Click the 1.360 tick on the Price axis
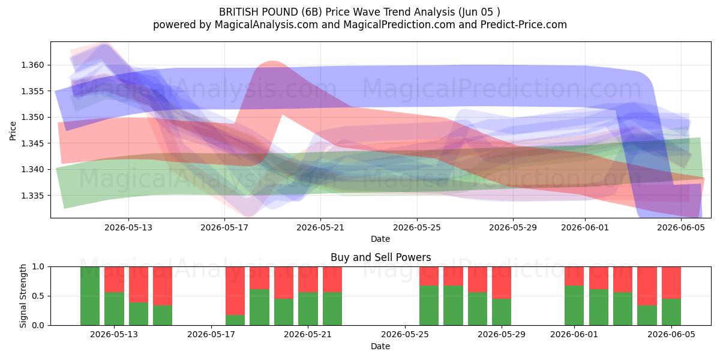pos(32,65)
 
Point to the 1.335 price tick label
pos(32,196)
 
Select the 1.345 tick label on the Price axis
pos(32,143)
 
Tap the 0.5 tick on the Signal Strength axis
pos(38,296)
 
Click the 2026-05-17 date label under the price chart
pos(224,227)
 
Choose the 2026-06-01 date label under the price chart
pos(585,227)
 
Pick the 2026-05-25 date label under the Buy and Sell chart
pos(405,334)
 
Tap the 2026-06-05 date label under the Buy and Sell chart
pos(671,334)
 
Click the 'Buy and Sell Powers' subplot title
pos(380,257)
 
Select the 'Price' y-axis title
pos(13,131)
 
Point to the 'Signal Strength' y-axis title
pos(23,296)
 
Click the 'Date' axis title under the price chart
pos(380,239)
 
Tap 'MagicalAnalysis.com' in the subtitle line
pos(266,25)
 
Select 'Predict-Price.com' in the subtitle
pos(524,25)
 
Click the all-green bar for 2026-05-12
pos(90,296)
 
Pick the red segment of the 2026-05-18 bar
pos(235,291)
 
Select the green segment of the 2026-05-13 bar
pos(114,308)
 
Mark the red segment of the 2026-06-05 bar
pos(671,283)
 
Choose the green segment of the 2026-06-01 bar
pos(574,305)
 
